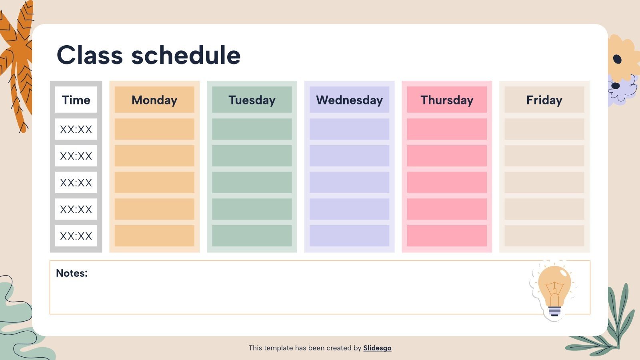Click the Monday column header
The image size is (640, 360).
(x=154, y=100)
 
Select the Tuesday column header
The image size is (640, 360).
(x=252, y=100)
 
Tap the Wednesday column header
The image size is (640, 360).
(x=349, y=100)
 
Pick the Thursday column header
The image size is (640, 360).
(x=447, y=100)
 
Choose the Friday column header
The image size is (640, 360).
(x=544, y=100)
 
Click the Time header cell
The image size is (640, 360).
(x=76, y=100)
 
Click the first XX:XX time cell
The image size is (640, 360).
(x=76, y=129)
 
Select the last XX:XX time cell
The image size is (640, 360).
(x=76, y=236)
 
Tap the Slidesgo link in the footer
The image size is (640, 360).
(x=377, y=348)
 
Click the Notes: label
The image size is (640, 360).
(x=72, y=273)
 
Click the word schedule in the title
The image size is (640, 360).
(x=186, y=55)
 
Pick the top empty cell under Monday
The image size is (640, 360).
(x=154, y=129)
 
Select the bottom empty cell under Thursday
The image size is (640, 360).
(x=447, y=236)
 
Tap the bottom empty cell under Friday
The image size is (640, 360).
(x=544, y=236)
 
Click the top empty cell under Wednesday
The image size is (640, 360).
(x=349, y=129)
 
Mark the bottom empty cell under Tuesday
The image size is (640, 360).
(x=252, y=236)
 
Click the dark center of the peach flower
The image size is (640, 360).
(x=617, y=60)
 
